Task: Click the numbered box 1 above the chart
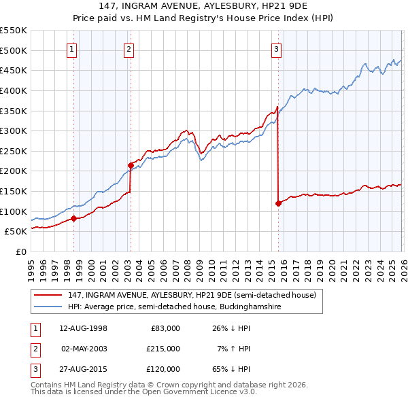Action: (72, 48)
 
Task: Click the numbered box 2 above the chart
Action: (129, 48)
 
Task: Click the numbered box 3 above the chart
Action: (277, 48)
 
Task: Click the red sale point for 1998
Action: (73, 218)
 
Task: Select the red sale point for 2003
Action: (131, 164)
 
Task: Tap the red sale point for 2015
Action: (278, 203)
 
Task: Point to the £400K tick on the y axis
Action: (14, 90)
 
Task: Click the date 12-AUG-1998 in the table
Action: (83, 328)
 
